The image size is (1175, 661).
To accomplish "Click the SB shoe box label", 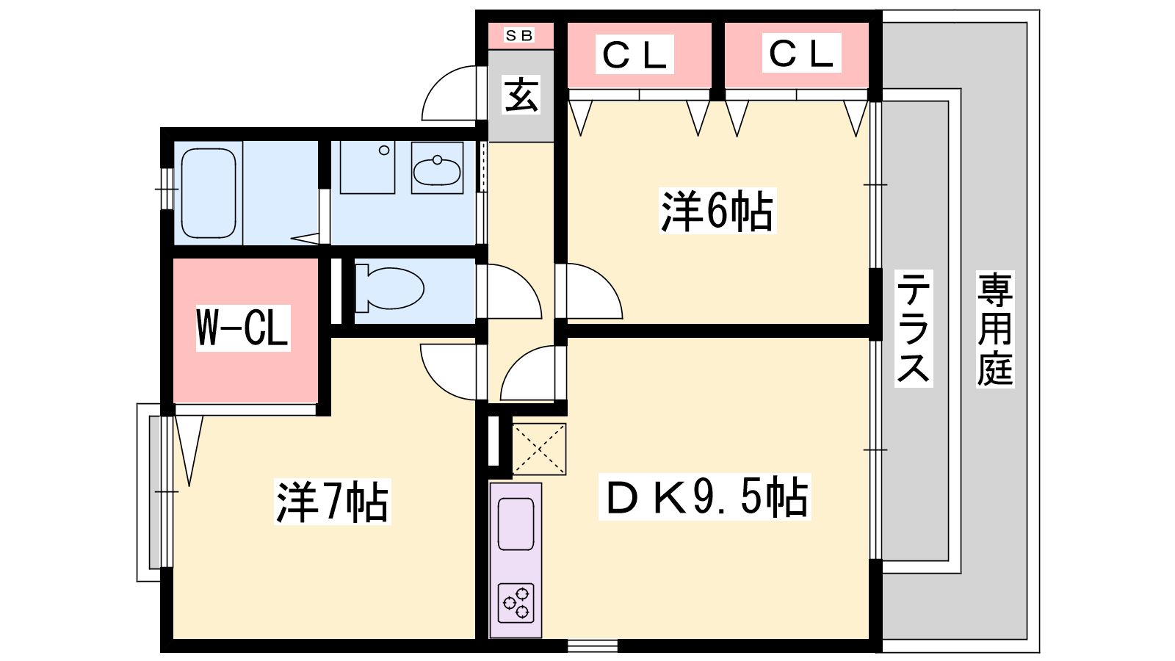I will pyautogui.click(x=519, y=35).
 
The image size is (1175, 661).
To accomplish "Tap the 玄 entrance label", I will pyautogui.click(x=521, y=95).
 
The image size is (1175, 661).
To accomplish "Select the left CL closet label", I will pyautogui.click(x=634, y=54).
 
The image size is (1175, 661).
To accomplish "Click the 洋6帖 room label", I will pyautogui.click(x=717, y=211).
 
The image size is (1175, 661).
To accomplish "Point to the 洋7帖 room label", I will pyautogui.click(x=332, y=502).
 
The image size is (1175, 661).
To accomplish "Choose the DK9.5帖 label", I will pyautogui.click(x=705, y=497).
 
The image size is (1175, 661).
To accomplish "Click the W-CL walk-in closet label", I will pyautogui.click(x=242, y=328).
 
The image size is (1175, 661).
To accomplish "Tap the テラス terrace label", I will pyautogui.click(x=913, y=328).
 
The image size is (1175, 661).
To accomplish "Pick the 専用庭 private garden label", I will pyautogui.click(x=994, y=328).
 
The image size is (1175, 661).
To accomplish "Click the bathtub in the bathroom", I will pyautogui.click(x=209, y=193).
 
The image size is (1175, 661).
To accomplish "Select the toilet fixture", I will pyautogui.click(x=389, y=288).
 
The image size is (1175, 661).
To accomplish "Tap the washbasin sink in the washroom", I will pyautogui.click(x=437, y=169).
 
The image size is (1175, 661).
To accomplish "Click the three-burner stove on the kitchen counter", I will pyautogui.click(x=516, y=603).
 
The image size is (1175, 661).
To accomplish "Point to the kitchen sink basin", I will pyautogui.click(x=516, y=524).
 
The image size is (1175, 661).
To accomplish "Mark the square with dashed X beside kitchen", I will pyautogui.click(x=538, y=449).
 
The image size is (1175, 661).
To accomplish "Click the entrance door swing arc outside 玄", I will pyautogui.click(x=449, y=93).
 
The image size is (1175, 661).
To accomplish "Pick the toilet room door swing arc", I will pyautogui.click(x=510, y=292).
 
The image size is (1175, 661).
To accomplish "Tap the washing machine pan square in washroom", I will pyautogui.click(x=367, y=167).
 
